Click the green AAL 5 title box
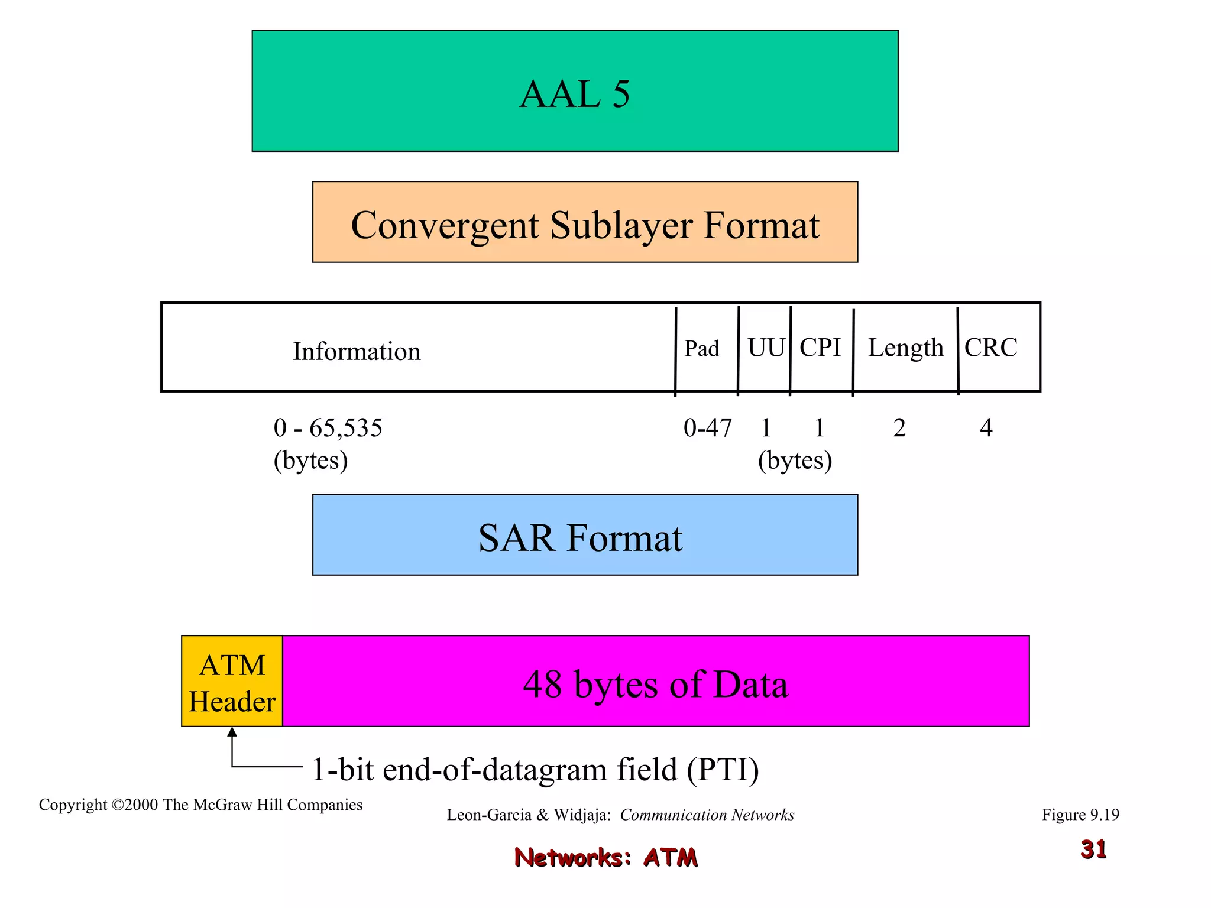coord(575,91)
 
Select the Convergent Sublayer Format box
coord(585,222)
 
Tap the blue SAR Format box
coord(585,535)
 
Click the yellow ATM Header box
coord(232,681)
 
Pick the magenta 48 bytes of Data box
coord(655,681)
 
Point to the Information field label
coord(357,351)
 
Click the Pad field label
coord(702,349)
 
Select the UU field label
coord(766,348)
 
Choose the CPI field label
coord(820,348)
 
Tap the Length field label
coord(905,348)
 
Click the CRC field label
coord(991,348)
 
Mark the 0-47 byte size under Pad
coord(708,428)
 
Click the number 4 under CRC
coord(986,428)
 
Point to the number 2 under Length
coord(899,428)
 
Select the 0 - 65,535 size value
coord(328,428)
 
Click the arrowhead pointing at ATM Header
coord(232,732)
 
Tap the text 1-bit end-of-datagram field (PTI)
coord(535,770)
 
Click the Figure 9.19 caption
coord(1080,815)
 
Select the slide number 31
coord(1093,849)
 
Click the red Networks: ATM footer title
coord(606,857)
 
